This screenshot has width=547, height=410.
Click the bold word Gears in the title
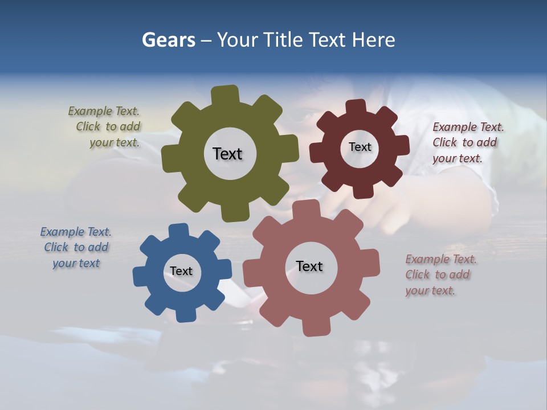coord(168,40)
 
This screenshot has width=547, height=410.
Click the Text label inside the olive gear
coord(227,154)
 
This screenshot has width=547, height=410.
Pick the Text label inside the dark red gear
coord(360,147)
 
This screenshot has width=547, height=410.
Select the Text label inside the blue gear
coord(181,272)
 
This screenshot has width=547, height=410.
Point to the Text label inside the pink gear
coord(309,266)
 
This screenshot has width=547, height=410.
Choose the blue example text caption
coord(76,248)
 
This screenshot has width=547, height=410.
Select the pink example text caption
coord(440,274)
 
